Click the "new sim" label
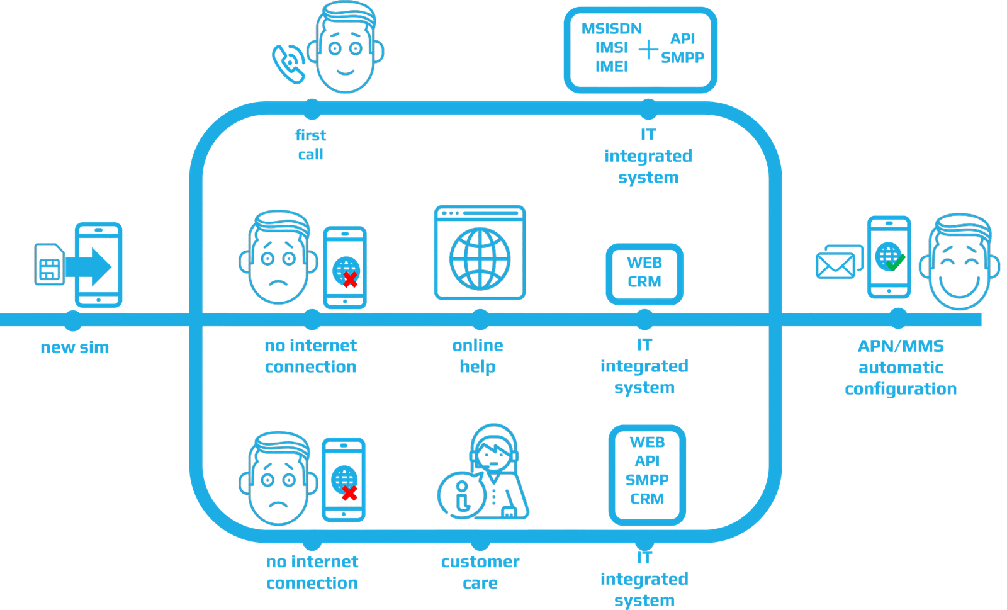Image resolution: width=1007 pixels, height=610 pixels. coord(75,347)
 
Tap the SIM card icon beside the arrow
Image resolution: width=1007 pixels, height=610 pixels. coord(49,264)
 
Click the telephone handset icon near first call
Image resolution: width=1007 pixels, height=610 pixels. coord(288,63)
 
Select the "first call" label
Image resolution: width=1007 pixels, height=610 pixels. coord(311,145)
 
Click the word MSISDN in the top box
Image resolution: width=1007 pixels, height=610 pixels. coord(611,29)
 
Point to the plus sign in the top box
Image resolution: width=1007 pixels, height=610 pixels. coord(648,49)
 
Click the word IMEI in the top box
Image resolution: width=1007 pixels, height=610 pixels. coord(612,65)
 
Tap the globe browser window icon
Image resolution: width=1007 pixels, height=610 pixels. coord(480,252)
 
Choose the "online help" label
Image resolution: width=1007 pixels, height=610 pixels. coord(478,356)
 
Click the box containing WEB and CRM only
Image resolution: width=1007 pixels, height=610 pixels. coord(644,273)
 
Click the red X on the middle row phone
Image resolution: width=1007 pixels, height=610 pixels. coord(350,280)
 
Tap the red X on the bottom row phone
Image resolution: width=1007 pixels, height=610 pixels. coord(349,493)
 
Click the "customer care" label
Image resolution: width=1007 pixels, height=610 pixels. coord(480,572)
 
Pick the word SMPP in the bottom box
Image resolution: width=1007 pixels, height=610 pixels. coord(647,480)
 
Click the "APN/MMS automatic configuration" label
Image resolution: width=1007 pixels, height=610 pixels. coord(901,368)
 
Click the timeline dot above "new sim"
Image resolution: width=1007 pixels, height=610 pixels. coord(74,320)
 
